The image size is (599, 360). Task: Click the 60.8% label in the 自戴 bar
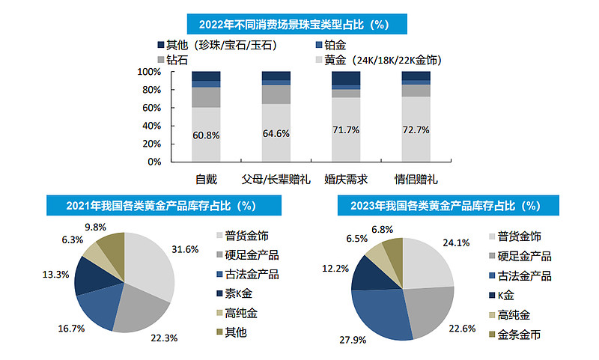(x=206, y=135)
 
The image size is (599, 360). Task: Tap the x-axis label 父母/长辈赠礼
(x=276, y=180)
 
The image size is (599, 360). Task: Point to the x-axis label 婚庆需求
(x=345, y=180)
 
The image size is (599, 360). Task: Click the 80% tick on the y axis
(x=150, y=90)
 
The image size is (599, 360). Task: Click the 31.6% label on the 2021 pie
(x=185, y=248)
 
